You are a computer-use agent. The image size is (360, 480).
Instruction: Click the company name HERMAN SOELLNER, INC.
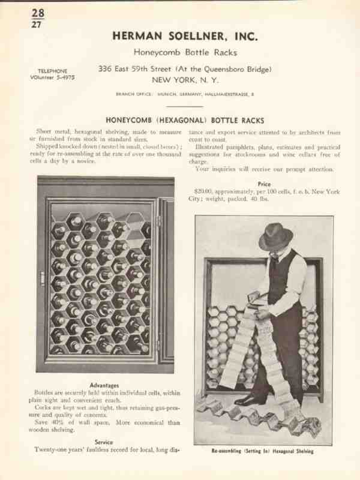tap(185, 37)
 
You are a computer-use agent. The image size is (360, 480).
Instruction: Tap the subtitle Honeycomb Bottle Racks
tap(185, 53)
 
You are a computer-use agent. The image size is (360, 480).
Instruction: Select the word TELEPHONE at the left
tap(52, 71)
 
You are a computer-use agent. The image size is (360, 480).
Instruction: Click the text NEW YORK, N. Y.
tap(185, 80)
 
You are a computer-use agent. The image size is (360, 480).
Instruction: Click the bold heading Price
tap(264, 184)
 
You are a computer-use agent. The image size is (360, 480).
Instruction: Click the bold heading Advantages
tap(104, 385)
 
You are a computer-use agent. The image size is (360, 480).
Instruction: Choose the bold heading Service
tap(104, 442)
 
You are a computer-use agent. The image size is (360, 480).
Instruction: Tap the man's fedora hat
tap(276, 236)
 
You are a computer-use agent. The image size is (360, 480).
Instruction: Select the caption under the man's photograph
tap(263, 451)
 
